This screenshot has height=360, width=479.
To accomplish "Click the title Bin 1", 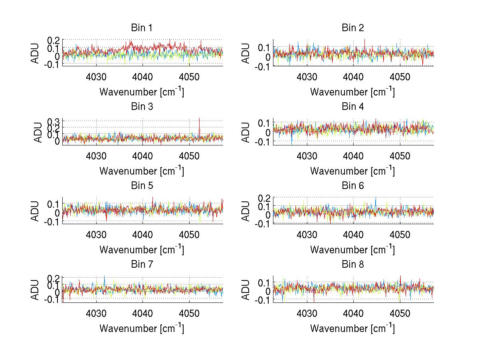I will pos(141,28).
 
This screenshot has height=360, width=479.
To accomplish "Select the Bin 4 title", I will pos(352,107).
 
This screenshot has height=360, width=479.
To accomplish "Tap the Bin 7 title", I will pos(141,265).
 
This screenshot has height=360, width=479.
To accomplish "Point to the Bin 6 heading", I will pos(352,186).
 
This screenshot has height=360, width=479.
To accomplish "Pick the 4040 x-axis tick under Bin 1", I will pos(143,77).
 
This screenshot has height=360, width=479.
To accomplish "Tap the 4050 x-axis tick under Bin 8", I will pos(400,313).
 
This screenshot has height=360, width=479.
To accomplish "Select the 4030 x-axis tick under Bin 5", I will pos(96,235).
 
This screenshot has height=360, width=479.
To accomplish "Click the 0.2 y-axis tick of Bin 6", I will pos(265,198).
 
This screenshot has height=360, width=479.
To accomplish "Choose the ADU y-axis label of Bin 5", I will pos(36,211).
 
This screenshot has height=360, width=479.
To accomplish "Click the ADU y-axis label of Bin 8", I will pos(246,289).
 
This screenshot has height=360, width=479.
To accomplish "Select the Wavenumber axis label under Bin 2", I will pos(352,92).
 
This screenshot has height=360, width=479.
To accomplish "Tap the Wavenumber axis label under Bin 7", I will pos(141,328).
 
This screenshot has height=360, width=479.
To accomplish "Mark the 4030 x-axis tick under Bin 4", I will pos(307,156).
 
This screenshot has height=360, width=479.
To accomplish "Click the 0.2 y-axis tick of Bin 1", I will pos(54,40).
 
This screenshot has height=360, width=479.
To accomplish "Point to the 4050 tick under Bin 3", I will pos(189,156).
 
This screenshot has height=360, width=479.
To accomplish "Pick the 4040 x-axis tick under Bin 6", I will pos(353,235).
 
